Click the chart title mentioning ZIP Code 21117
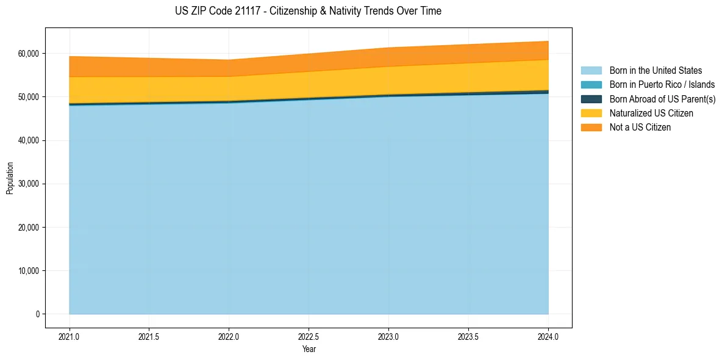coord(308,11)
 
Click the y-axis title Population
coord(10,178)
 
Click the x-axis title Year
coord(309,349)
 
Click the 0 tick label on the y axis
coord(37,314)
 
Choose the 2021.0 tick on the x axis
coord(70,336)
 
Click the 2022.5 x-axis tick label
coord(309,336)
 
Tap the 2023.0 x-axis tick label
coord(388,336)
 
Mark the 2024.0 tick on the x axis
coord(548,336)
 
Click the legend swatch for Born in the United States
coord(591,71)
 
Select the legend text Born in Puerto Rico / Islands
coord(662,85)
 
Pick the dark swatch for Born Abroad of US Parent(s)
coord(591,99)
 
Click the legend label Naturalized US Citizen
coord(651,113)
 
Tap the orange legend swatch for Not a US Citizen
coord(591,128)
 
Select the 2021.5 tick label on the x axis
coord(149,336)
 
